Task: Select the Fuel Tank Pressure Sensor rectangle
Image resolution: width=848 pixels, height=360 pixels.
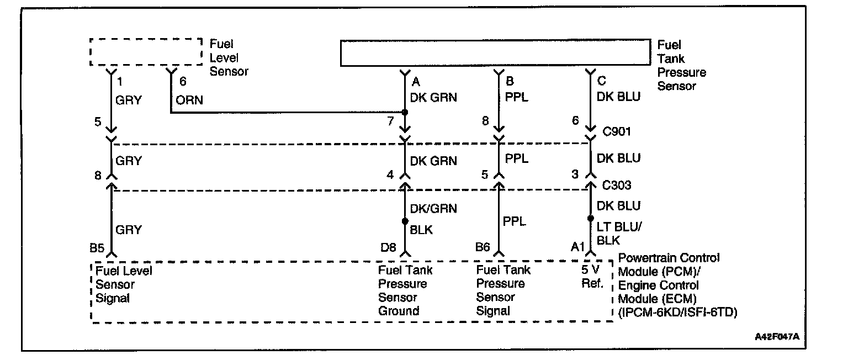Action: coord(495,53)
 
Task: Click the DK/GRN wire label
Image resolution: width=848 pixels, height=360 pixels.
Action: coord(433,209)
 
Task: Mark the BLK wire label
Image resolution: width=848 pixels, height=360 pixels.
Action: coord(421,230)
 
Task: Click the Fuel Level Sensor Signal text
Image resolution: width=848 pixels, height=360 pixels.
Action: coord(123,284)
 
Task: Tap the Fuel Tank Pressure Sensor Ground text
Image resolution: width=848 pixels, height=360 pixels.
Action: coord(405,290)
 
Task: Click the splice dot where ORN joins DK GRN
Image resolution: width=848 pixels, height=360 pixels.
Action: coord(405,113)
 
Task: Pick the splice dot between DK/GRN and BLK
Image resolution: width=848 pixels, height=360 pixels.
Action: coord(405,221)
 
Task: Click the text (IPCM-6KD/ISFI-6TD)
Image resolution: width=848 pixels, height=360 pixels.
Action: coord(679,312)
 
